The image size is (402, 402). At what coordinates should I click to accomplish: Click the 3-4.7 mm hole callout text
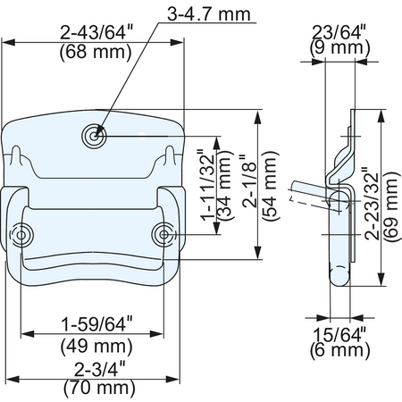[x=209, y=14]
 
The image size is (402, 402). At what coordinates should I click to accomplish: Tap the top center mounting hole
[x=94, y=136]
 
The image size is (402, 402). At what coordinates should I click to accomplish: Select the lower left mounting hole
[x=21, y=235]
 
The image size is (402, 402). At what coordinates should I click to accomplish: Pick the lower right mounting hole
[x=163, y=235]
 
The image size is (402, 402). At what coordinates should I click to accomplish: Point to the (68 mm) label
[x=96, y=53]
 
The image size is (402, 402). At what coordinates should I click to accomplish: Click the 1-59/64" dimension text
[x=96, y=324]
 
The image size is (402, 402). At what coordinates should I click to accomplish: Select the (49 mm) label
[x=96, y=346]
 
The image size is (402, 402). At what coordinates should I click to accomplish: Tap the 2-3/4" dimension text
[x=99, y=369]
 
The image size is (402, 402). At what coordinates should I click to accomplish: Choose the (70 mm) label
[x=99, y=388]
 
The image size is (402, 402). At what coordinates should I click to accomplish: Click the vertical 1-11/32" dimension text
[x=208, y=188]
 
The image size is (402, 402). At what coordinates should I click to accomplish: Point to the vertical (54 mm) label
[x=271, y=186]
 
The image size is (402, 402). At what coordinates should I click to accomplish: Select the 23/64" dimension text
[x=339, y=32]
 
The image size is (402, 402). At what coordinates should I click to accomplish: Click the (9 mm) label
[x=339, y=47]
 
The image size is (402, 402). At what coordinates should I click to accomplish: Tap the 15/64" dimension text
[x=339, y=334]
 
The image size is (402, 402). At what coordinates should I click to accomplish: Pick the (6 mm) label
[x=339, y=350]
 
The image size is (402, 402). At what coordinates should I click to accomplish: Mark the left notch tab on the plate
[x=16, y=155]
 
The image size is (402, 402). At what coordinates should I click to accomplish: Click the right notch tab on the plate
[x=170, y=155]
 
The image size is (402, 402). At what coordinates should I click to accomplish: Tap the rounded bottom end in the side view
[x=339, y=275]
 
